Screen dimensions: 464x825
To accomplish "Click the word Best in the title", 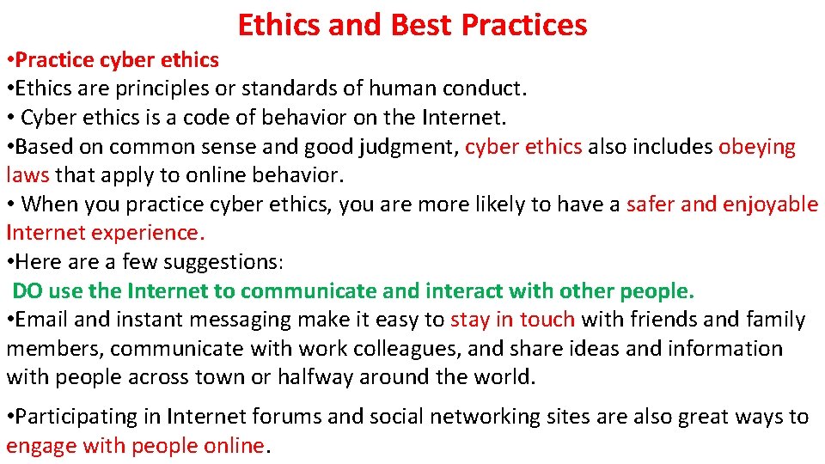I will (421, 25).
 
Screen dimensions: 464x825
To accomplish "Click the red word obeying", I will (757, 147).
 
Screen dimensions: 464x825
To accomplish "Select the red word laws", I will (27, 175).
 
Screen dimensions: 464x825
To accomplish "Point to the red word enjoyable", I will (770, 205).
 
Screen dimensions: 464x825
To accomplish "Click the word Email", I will (42, 320).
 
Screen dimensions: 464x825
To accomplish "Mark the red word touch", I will (547, 320).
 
